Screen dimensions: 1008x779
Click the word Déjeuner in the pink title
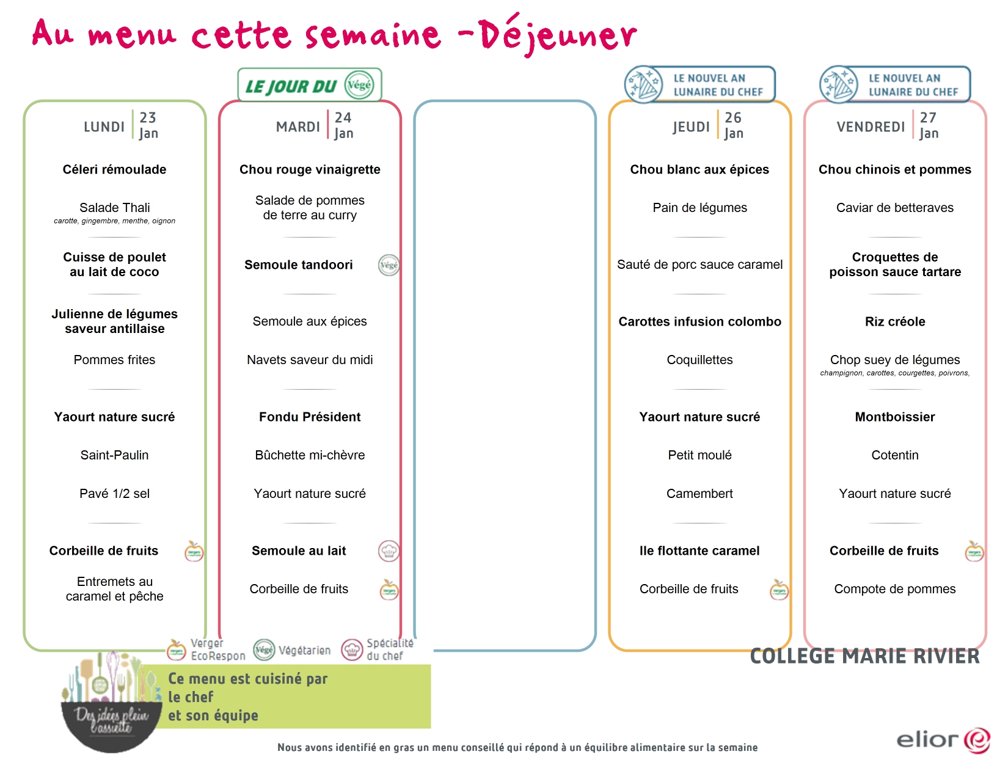558,35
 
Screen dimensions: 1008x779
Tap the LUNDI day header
104,126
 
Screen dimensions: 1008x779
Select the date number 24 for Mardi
343,117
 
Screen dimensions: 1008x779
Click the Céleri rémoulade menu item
115,169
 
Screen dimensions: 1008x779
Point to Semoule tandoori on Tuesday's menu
298,265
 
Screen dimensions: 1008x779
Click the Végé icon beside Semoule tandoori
389,265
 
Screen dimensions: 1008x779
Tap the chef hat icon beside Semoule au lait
389,551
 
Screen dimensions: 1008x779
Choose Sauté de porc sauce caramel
699,265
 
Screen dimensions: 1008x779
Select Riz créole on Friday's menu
895,321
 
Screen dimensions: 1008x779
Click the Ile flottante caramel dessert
699,550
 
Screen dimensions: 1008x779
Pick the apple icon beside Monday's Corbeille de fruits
194,551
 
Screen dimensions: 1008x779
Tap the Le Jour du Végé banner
309,85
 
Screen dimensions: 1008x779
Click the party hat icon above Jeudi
643,84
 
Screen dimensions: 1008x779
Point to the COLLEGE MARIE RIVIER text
864,656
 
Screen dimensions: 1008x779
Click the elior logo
943,739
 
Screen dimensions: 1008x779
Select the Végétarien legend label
304,651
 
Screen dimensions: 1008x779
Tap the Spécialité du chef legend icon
352,650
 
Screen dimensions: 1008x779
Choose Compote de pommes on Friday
895,589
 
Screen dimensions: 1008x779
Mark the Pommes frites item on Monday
115,360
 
